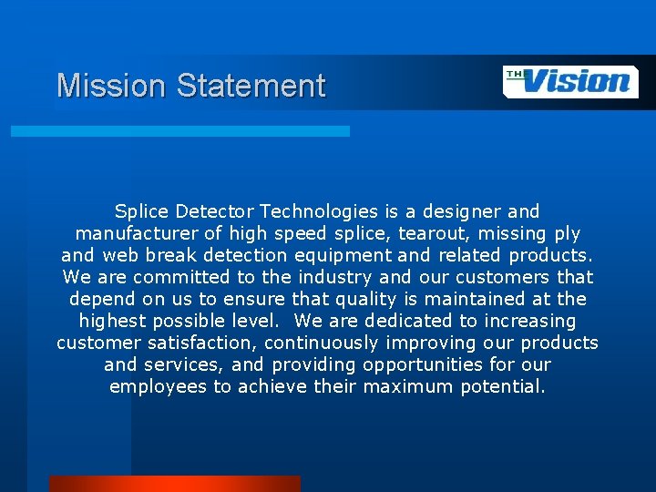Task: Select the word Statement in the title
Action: [x=251, y=86]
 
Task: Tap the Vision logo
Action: [x=571, y=81]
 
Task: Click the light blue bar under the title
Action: [x=179, y=131]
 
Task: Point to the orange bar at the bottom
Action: [x=174, y=483]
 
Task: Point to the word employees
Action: [x=159, y=386]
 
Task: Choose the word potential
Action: [x=499, y=386]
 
